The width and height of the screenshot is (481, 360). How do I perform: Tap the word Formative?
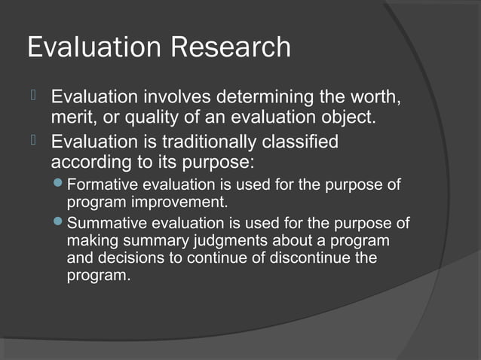pos(98,185)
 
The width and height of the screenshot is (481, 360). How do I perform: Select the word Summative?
pos(103,224)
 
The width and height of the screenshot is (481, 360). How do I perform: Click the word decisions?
pos(124,258)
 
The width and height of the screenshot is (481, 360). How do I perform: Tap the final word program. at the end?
pos(98,276)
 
